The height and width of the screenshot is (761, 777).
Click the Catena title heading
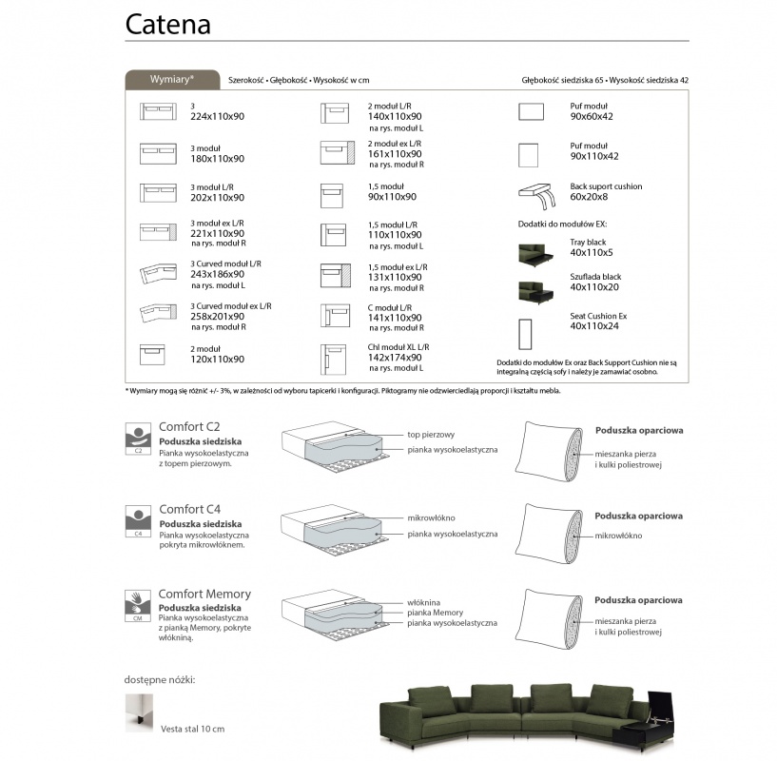tap(168, 24)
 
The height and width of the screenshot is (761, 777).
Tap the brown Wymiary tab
tap(172, 80)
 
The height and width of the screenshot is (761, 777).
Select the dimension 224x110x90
tap(218, 116)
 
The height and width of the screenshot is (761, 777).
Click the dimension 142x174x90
tap(395, 358)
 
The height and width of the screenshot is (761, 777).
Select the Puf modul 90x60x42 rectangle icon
tap(531, 111)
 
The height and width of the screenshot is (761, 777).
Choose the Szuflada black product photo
tap(534, 290)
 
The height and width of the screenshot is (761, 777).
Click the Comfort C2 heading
tap(189, 426)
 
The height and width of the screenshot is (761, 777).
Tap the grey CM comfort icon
tap(138, 605)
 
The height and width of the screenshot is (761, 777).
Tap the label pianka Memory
tap(435, 613)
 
